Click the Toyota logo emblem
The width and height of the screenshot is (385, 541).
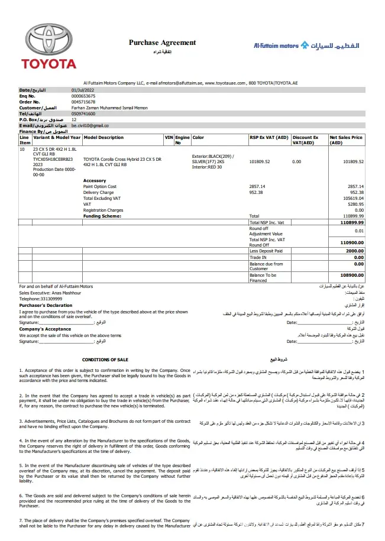45,40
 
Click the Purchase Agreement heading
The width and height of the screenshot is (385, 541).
162,43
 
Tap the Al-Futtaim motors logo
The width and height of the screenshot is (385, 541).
306,45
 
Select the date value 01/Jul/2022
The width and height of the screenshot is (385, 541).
83,89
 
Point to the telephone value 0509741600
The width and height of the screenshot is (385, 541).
83,114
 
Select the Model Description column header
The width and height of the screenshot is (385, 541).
104,137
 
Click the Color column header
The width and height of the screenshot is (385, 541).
198,137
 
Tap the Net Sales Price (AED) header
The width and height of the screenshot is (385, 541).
346,140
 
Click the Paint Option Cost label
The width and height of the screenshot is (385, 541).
100,186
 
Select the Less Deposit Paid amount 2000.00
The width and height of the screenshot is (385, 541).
355,251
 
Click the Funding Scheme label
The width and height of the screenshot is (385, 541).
102,216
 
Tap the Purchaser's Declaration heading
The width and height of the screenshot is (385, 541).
41,306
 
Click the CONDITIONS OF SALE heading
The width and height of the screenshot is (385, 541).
105,359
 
